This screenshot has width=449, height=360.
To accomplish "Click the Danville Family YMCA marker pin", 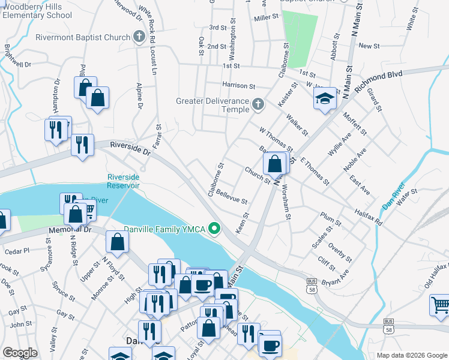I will (213, 229).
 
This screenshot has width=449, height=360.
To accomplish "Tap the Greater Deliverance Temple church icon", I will (258, 104).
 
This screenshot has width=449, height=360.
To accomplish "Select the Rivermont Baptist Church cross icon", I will (139, 37).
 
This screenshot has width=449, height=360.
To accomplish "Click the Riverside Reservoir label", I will (124, 181).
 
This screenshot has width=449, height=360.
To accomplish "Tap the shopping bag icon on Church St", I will (274, 163).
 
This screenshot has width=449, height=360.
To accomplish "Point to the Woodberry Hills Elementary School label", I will (38, 11).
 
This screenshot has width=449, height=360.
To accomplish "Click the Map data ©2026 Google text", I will (411, 355).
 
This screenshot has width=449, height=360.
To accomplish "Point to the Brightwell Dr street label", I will (17, 55).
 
